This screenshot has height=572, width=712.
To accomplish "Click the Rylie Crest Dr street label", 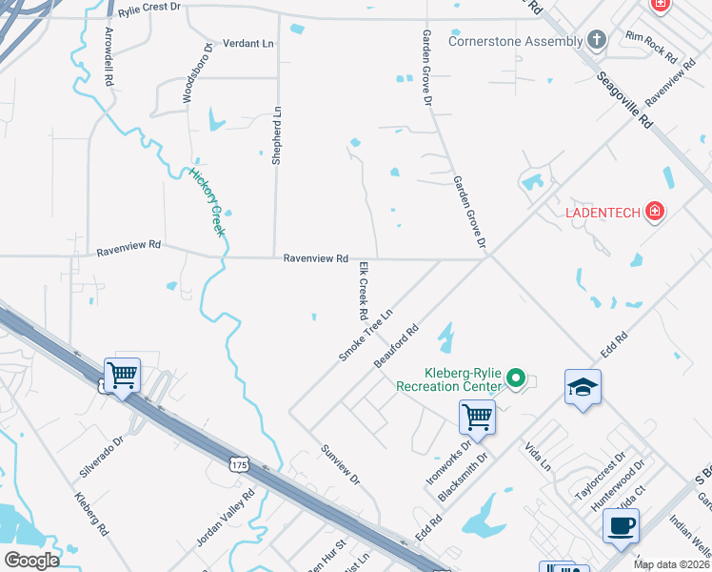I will (148, 8).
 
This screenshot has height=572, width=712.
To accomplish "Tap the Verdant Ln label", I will (247, 44).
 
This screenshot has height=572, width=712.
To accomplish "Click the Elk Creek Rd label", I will (363, 291).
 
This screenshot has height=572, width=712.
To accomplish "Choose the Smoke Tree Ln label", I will (366, 335).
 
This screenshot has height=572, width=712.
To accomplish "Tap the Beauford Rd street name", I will (397, 348).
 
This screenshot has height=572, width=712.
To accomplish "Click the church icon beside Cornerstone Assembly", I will (597, 39).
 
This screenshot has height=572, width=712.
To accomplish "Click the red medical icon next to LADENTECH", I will (654, 211).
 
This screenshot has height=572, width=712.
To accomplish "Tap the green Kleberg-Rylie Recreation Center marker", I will (516, 379).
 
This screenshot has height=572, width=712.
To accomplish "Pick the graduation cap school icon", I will (583, 387).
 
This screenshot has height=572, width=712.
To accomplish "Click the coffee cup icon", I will (621, 525).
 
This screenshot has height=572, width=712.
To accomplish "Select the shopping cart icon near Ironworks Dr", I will (477, 416).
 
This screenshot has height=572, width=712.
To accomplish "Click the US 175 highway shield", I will (238, 463).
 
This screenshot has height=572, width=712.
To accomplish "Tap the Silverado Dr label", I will (102, 457).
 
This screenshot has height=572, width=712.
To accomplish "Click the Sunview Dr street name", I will (340, 465).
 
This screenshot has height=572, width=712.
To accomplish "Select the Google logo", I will (31, 561).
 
